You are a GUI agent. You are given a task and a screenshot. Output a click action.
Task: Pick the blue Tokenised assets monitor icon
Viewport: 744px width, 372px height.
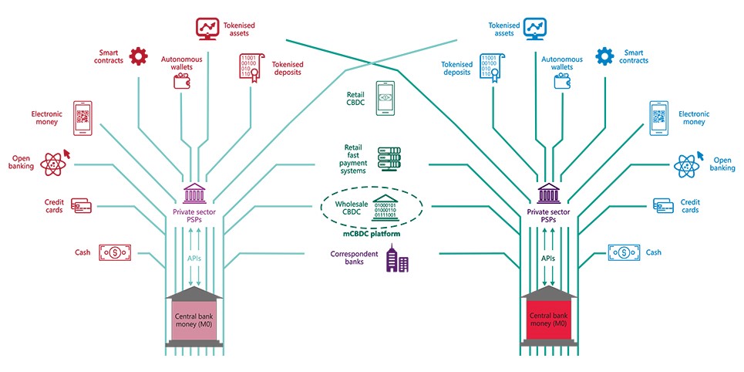[535, 29]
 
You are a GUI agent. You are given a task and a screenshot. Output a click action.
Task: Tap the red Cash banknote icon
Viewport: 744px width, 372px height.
[114, 252]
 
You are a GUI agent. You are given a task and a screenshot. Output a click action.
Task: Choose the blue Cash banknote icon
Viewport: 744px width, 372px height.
[624, 252]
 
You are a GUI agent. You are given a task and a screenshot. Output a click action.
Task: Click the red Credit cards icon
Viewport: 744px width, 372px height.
[81, 205]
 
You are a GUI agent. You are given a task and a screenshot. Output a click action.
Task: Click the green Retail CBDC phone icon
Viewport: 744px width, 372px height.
[386, 98]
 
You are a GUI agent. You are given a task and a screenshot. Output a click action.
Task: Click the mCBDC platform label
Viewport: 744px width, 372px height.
[371, 233]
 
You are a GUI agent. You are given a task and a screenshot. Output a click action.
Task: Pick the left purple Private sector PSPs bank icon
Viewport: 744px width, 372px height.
[194, 191]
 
